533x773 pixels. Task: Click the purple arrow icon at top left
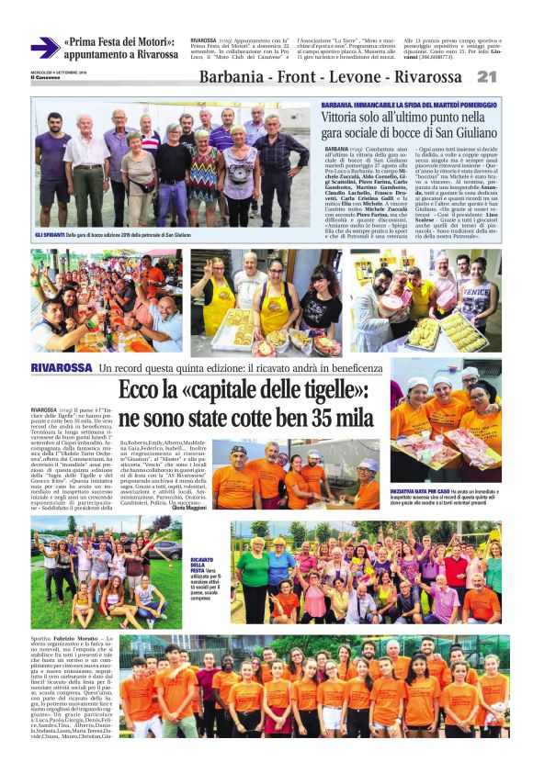point(42,49)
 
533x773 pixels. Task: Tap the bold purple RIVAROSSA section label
point(61,368)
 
